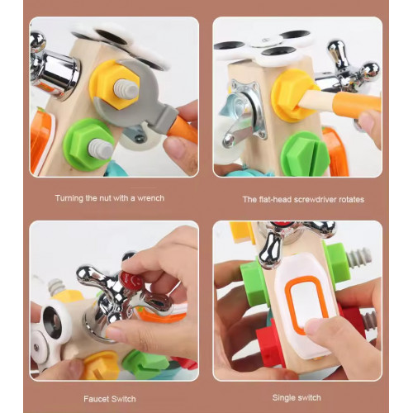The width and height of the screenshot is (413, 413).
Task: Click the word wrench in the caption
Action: click(x=150, y=198)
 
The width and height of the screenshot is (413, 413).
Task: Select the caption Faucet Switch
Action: click(x=110, y=399)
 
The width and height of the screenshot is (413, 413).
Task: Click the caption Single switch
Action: click(x=297, y=397)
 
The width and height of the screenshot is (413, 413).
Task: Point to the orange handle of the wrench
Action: click(x=183, y=130)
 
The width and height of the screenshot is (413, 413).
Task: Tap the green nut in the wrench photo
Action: click(x=88, y=145)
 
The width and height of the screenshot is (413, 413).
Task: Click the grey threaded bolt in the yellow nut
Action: click(x=126, y=89)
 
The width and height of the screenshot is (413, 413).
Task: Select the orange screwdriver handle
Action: click(x=358, y=102)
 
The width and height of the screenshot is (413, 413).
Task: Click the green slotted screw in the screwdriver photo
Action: click(x=305, y=154)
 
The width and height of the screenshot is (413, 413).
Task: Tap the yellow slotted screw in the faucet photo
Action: click(x=102, y=366)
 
